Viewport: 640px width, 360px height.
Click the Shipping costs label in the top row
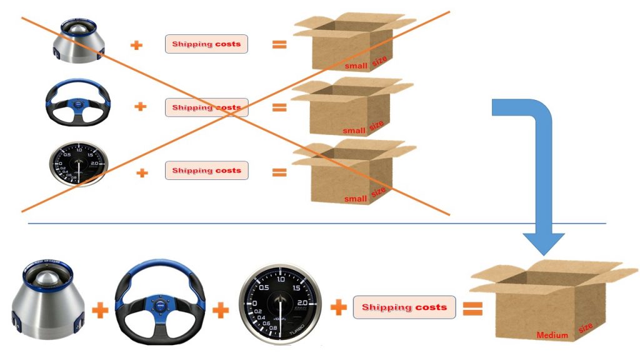206,44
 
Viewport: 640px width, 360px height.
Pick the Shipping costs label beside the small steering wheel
206,107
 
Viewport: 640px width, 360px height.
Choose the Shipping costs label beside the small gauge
206,170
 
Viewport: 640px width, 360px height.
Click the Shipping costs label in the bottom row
404,307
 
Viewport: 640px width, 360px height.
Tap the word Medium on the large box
552,336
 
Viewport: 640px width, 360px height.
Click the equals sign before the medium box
472,307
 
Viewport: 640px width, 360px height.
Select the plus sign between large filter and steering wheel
100,309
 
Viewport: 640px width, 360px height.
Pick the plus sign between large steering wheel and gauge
221,309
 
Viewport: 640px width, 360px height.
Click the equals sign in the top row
279,44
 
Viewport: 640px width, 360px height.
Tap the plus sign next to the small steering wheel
141,107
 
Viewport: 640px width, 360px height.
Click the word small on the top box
356,65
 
